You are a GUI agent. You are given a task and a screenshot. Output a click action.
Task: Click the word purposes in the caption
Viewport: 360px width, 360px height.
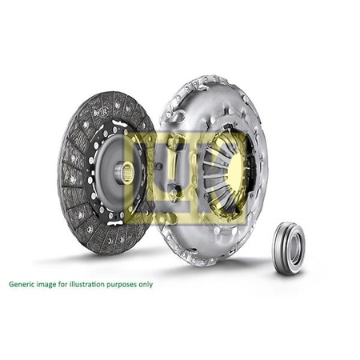pyautogui.click(x=130, y=284)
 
